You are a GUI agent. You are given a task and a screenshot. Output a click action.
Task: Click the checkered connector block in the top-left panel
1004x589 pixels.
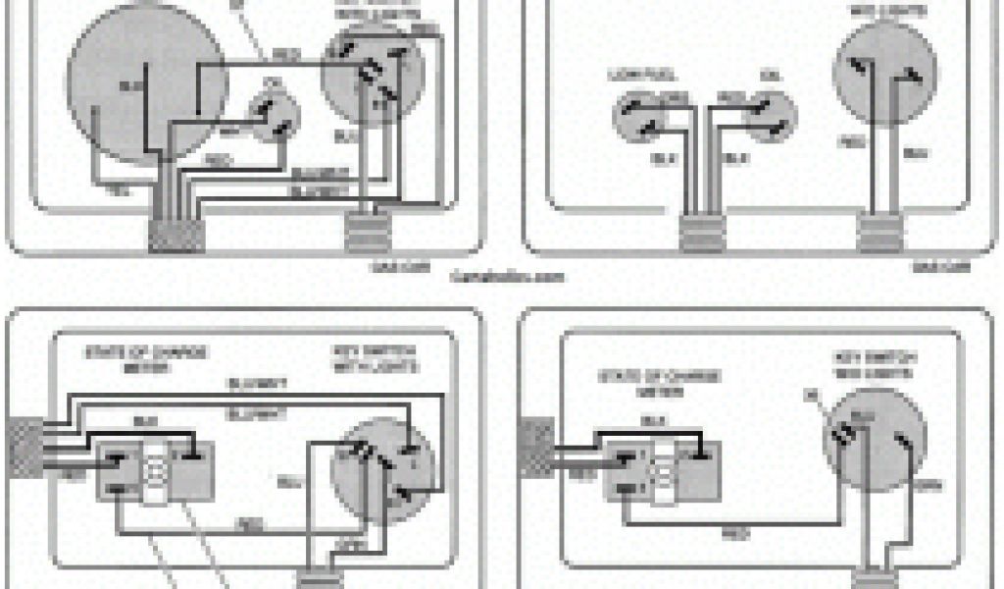tap(176, 234)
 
